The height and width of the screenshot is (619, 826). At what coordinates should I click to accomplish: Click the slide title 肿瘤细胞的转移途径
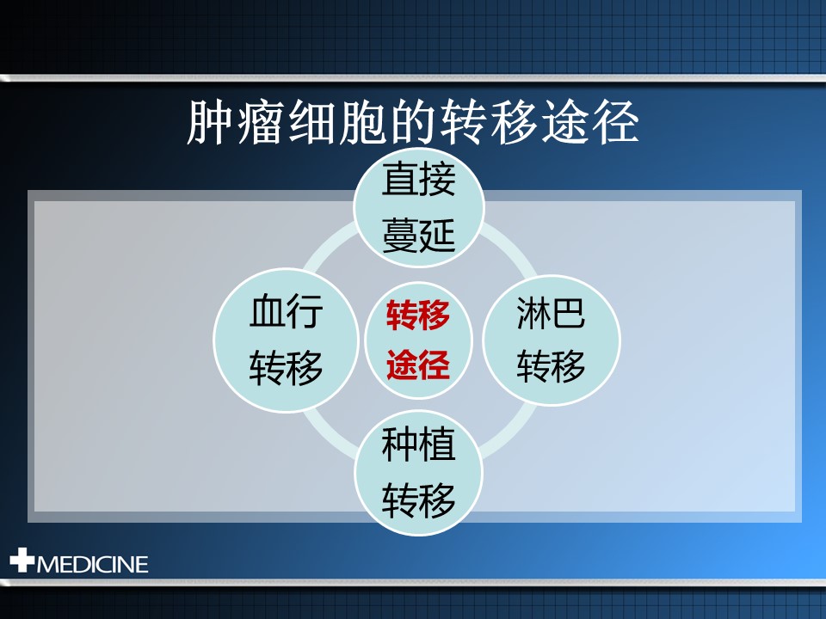click(x=413, y=122)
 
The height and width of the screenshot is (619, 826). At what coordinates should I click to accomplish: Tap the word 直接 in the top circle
click(x=418, y=180)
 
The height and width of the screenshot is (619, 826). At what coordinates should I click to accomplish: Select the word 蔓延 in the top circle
click(x=418, y=236)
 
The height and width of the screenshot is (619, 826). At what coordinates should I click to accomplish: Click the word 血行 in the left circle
click(x=286, y=311)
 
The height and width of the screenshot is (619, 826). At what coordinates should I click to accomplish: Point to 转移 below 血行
click(x=286, y=367)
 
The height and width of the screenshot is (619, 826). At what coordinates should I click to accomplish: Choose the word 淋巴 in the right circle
click(x=551, y=312)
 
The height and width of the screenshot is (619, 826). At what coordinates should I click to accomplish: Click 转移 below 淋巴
click(x=551, y=366)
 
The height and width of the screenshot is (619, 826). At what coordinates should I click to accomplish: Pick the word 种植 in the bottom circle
click(x=418, y=444)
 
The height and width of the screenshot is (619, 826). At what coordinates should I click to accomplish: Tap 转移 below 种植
click(x=418, y=500)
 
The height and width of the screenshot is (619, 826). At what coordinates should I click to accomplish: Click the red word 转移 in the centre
click(x=418, y=316)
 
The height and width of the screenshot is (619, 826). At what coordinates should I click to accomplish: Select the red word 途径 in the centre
click(x=418, y=365)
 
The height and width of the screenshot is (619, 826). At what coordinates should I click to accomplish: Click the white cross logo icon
click(x=22, y=560)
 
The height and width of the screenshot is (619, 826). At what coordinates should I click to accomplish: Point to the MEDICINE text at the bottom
click(x=92, y=565)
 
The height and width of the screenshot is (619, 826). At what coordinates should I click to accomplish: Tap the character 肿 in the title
click(x=210, y=122)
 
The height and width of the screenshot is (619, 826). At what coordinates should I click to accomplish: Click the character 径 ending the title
click(x=615, y=122)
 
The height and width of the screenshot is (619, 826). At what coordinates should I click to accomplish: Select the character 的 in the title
click(x=413, y=122)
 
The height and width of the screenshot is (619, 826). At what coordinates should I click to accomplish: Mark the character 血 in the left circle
click(x=267, y=311)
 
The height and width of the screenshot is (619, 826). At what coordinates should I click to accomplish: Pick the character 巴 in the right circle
click(x=569, y=312)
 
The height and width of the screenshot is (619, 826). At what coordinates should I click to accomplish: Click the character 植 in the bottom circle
click(x=437, y=444)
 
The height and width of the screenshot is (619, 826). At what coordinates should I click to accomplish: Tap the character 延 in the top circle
click(x=437, y=236)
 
